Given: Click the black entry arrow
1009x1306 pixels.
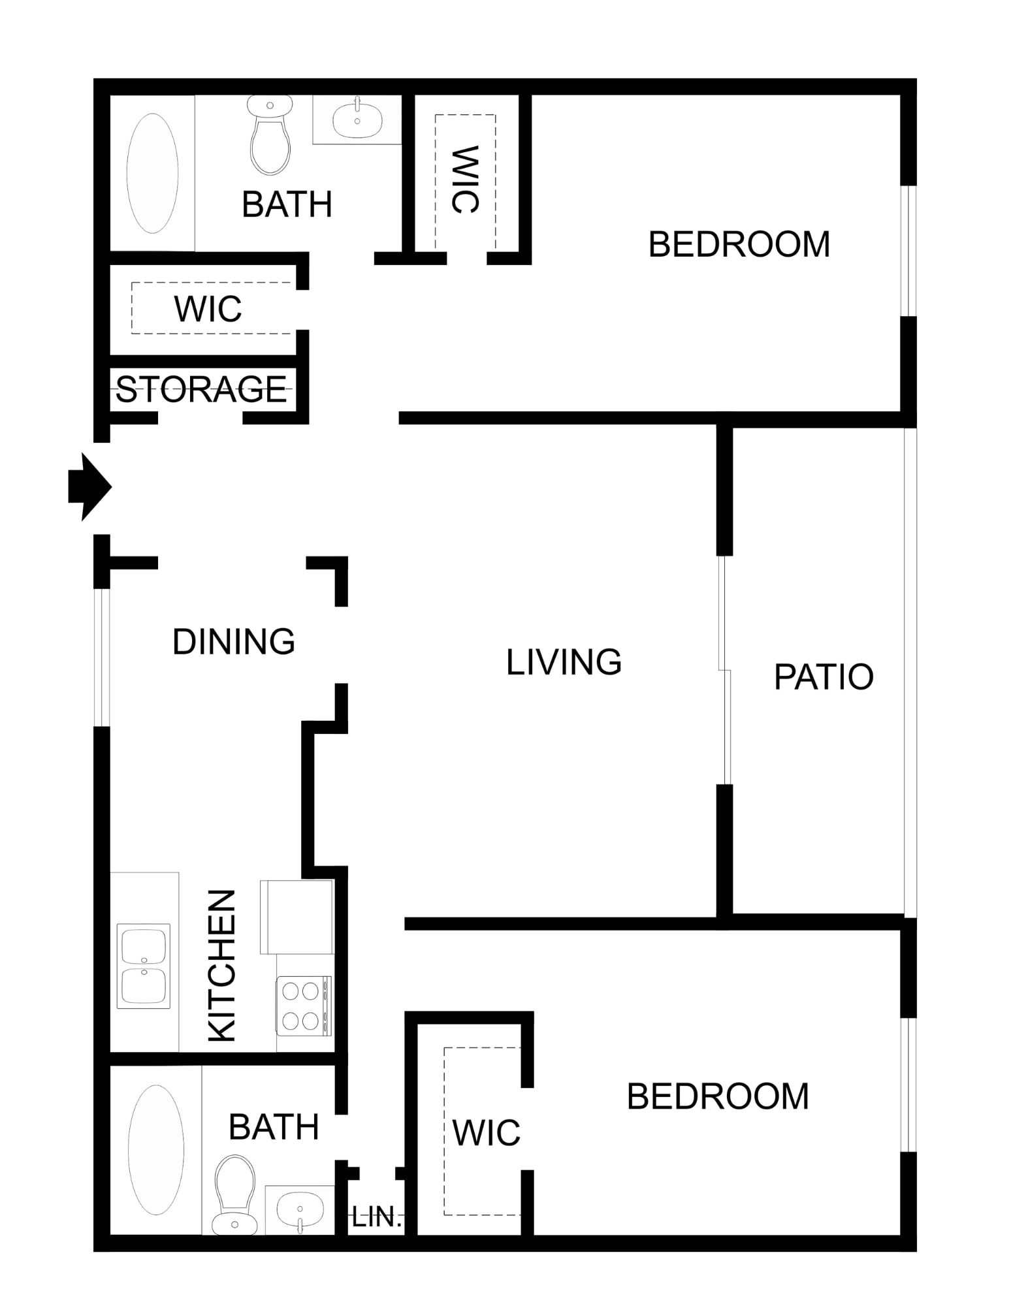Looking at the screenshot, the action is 90,486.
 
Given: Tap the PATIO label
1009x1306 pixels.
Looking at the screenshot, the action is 824,677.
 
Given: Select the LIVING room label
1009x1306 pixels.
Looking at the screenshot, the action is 564,661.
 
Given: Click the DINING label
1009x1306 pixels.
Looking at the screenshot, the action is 234,641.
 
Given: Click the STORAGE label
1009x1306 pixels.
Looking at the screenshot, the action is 201,389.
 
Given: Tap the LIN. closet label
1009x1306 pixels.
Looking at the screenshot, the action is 377,1217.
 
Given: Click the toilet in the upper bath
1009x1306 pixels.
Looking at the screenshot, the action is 270,135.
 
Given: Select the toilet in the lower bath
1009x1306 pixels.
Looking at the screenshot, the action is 234,1195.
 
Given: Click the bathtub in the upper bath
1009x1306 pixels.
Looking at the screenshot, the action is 152,173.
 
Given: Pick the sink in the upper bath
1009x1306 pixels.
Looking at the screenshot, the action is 357,119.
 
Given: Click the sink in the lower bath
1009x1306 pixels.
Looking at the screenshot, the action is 300,1210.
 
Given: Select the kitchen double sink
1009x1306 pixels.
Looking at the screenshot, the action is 144,966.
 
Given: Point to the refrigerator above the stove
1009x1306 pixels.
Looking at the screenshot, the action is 297,917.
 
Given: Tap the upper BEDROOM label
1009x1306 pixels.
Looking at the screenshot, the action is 739,244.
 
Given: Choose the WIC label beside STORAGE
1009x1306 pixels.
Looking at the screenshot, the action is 208,309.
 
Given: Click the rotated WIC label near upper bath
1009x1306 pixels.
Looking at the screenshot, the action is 465,179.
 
